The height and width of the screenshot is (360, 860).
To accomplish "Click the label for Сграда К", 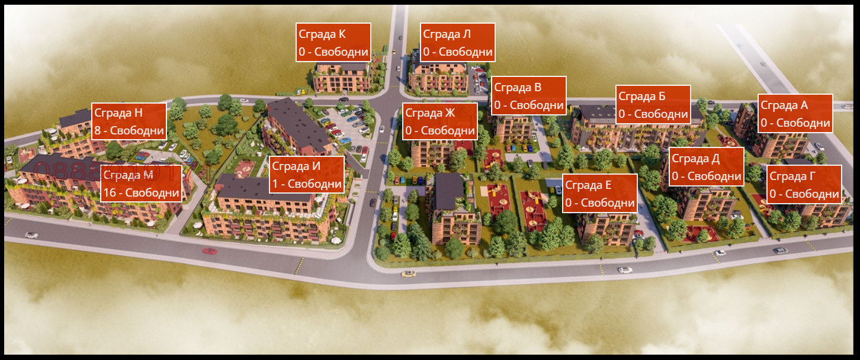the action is [333, 43].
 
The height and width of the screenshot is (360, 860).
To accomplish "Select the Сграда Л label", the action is [457, 43].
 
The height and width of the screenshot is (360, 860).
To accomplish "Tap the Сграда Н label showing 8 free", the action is [129, 121].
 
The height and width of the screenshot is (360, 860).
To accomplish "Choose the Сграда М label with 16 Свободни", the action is [141, 184].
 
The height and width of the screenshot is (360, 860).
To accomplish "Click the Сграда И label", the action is [307, 175].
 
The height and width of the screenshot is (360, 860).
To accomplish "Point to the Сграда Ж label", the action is [440, 121].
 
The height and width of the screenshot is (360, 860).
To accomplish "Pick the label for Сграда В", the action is [529, 96].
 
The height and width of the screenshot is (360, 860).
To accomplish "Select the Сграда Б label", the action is [653, 105].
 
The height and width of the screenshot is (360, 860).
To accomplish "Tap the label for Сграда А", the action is [795, 114].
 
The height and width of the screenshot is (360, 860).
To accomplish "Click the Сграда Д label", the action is [707, 167].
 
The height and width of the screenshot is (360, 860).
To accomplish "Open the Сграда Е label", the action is [600, 194].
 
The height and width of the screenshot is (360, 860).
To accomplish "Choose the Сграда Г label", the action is [804, 185].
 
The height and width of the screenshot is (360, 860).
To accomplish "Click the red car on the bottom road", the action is [210, 251].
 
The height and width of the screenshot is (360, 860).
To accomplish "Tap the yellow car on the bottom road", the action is [408, 274].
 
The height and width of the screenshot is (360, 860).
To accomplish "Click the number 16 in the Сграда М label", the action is [109, 193].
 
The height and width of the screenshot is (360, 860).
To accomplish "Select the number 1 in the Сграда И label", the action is [275, 184].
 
